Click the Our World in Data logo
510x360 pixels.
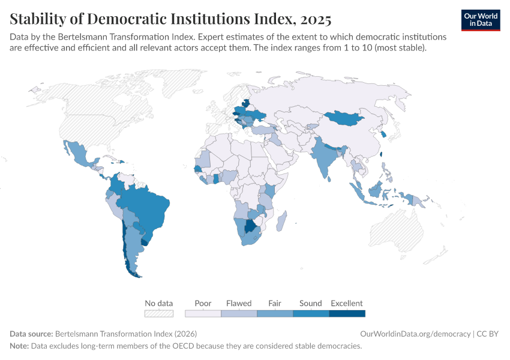click(x=480, y=20)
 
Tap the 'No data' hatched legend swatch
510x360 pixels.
click(x=159, y=313)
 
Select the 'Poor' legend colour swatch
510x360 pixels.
click(x=203, y=313)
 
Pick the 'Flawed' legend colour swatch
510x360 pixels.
click(x=239, y=313)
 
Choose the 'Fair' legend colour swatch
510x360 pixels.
click(x=275, y=313)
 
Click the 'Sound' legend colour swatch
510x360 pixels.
click(x=311, y=313)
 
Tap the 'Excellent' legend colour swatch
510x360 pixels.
click(x=347, y=313)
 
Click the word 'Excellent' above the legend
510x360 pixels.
click(x=347, y=303)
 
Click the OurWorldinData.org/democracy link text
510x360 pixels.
click(x=415, y=334)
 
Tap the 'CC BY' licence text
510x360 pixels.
click(x=488, y=334)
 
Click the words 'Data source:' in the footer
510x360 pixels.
click(x=31, y=334)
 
